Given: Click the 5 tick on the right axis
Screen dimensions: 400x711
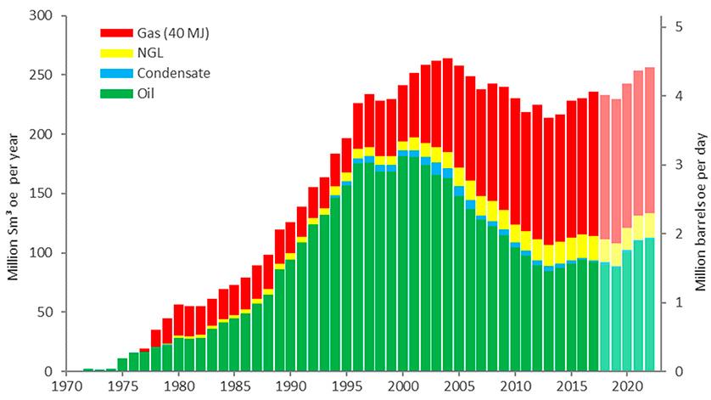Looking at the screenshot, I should (679, 26).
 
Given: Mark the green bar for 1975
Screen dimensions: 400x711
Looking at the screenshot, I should (122, 364).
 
